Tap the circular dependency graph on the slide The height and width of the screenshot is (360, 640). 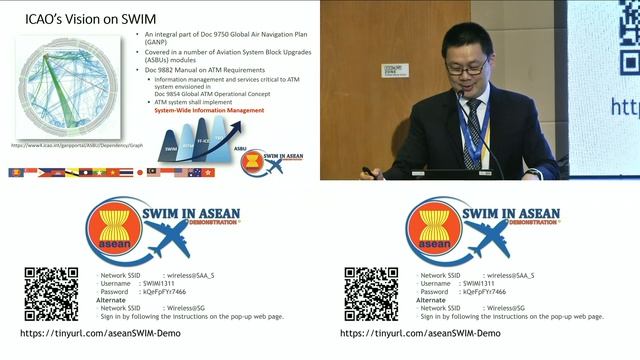pyautogui.click(x=66, y=86)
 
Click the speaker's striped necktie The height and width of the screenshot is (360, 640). pyautogui.click(x=472, y=129)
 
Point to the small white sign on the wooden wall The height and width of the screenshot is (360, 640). pyautogui.click(x=394, y=70)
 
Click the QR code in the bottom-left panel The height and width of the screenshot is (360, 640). pyautogui.click(x=51, y=293)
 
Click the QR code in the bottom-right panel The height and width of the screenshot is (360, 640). pyautogui.click(x=371, y=293)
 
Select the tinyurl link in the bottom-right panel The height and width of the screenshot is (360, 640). pyautogui.click(x=420, y=333)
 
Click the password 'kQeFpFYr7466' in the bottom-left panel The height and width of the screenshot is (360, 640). pyautogui.click(x=166, y=291)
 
